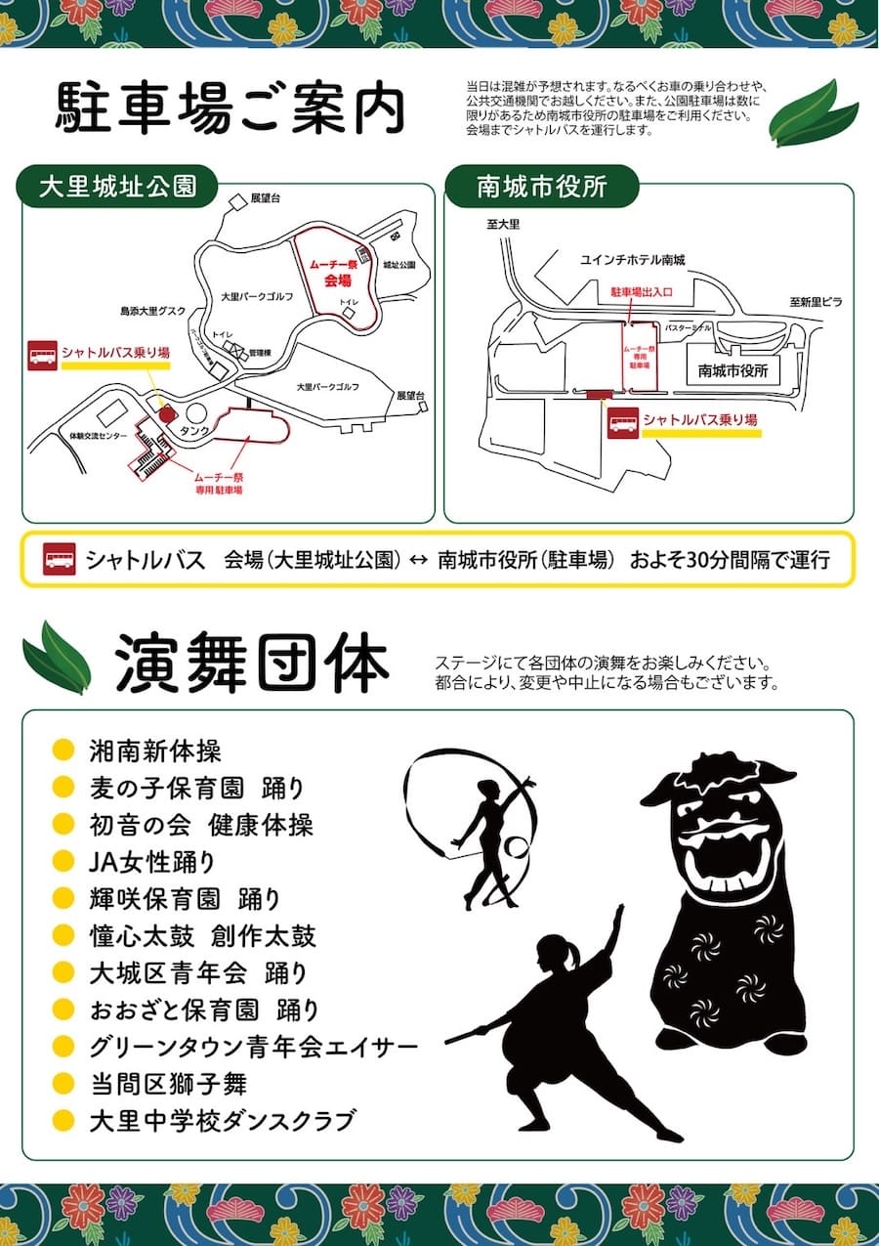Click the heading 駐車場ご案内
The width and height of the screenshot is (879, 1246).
pyautogui.click(x=230, y=109)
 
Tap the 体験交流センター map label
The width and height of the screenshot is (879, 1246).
pyautogui.click(x=99, y=436)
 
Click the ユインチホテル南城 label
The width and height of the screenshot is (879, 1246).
pyautogui.click(x=633, y=259)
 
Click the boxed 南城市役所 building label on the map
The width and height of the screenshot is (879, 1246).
pyautogui.click(x=733, y=370)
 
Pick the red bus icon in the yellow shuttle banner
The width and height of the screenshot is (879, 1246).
pyautogui.click(x=60, y=560)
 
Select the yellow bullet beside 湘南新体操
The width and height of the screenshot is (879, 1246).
pyautogui.click(x=63, y=751)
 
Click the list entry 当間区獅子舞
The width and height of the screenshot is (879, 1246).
pyautogui.click(x=167, y=1083)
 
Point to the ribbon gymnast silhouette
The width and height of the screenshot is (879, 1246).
pyautogui.click(x=488, y=831)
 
